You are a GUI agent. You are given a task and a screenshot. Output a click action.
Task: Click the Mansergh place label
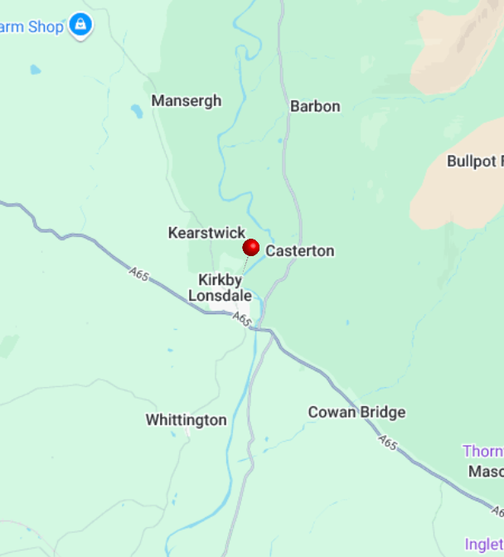(x=187, y=101)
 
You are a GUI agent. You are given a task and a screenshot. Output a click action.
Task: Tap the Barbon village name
(x=315, y=107)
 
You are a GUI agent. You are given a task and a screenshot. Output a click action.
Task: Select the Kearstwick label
(x=206, y=233)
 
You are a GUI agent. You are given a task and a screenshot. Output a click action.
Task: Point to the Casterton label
(x=300, y=251)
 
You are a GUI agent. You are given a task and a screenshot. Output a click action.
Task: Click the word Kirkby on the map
(x=220, y=280)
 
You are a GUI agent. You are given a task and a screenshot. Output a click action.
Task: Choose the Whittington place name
(x=186, y=420)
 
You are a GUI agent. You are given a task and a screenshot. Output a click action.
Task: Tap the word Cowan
(x=331, y=412)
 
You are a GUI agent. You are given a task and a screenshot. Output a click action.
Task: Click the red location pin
(x=250, y=248)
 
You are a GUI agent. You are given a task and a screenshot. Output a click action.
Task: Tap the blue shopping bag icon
(x=80, y=26)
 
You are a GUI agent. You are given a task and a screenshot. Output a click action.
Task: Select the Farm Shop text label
(x=31, y=27)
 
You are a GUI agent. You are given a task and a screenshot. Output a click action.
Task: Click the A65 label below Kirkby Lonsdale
(x=241, y=318)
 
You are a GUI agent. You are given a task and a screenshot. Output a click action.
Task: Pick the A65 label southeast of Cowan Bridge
(x=389, y=443)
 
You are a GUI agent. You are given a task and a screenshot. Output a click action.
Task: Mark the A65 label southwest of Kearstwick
(x=139, y=274)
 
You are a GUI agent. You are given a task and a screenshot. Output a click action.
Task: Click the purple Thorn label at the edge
(x=482, y=451)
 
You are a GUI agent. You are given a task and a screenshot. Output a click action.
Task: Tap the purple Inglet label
(x=483, y=545)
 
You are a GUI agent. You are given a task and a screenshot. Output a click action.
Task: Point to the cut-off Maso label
(x=486, y=471)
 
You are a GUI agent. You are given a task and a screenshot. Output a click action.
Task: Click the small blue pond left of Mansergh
(x=136, y=110)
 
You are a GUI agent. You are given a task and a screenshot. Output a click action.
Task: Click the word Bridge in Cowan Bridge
(x=382, y=412)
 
